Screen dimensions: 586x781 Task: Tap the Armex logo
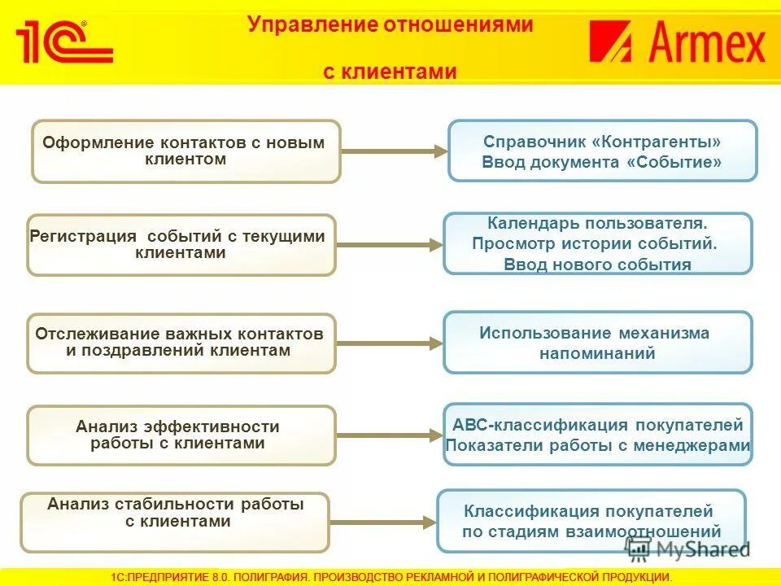(x=678, y=42)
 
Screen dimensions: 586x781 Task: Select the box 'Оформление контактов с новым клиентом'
(x=185, y=151)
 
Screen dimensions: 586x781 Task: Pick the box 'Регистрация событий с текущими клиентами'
(x=181, y=245)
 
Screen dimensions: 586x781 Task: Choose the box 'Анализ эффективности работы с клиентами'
(x=181, y=435)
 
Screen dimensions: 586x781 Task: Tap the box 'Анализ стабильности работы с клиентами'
(x=175, y=522)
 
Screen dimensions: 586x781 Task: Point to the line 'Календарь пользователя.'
(x=597, y=222)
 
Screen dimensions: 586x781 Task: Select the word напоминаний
(x=597, y=353)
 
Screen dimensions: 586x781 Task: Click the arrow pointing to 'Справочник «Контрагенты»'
(x=395, y=151)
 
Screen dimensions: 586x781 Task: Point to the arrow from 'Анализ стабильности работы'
(x=382, y=522)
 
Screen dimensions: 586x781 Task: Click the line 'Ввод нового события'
(x=597, y=265)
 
